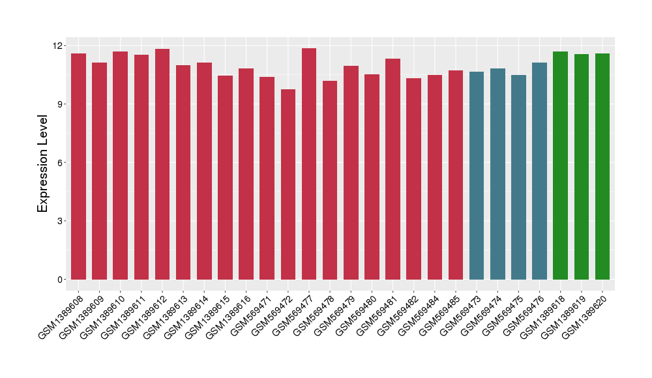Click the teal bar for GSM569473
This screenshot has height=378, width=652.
(x=477, y=175)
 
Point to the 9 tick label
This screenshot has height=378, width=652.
(x=61, y=104)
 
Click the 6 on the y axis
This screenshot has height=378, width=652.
(x=61, y=163)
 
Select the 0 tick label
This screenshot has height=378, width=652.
(x=61, y=280)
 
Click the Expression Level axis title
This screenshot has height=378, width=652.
(x=43, y=163)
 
